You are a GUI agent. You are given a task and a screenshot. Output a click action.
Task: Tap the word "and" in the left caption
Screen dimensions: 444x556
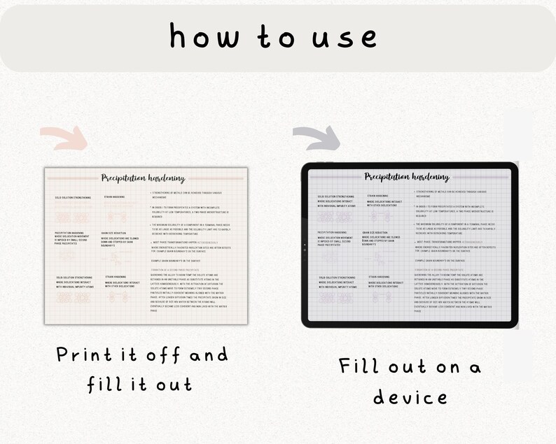(209, 355)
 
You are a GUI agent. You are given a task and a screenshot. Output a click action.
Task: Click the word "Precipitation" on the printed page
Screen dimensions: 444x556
(124, 178)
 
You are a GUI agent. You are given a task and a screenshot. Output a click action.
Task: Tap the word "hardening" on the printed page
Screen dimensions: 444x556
(166, 179)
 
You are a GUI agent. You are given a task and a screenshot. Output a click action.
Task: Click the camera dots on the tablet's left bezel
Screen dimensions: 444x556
(305, 246)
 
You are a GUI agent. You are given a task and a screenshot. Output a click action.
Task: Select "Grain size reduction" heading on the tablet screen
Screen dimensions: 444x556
(375, 232)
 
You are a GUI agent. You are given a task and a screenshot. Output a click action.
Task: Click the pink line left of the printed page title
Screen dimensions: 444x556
(71, 179)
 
